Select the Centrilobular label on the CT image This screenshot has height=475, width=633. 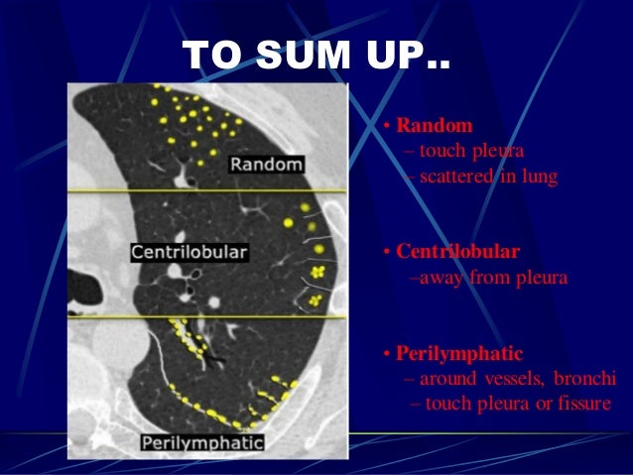tap(189, 253)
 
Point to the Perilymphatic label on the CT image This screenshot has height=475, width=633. tap(202, 441)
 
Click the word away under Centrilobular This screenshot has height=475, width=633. tap(441, 278)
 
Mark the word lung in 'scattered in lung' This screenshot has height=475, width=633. tap(541, 177)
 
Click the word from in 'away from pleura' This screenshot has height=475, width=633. tap(489, 278)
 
